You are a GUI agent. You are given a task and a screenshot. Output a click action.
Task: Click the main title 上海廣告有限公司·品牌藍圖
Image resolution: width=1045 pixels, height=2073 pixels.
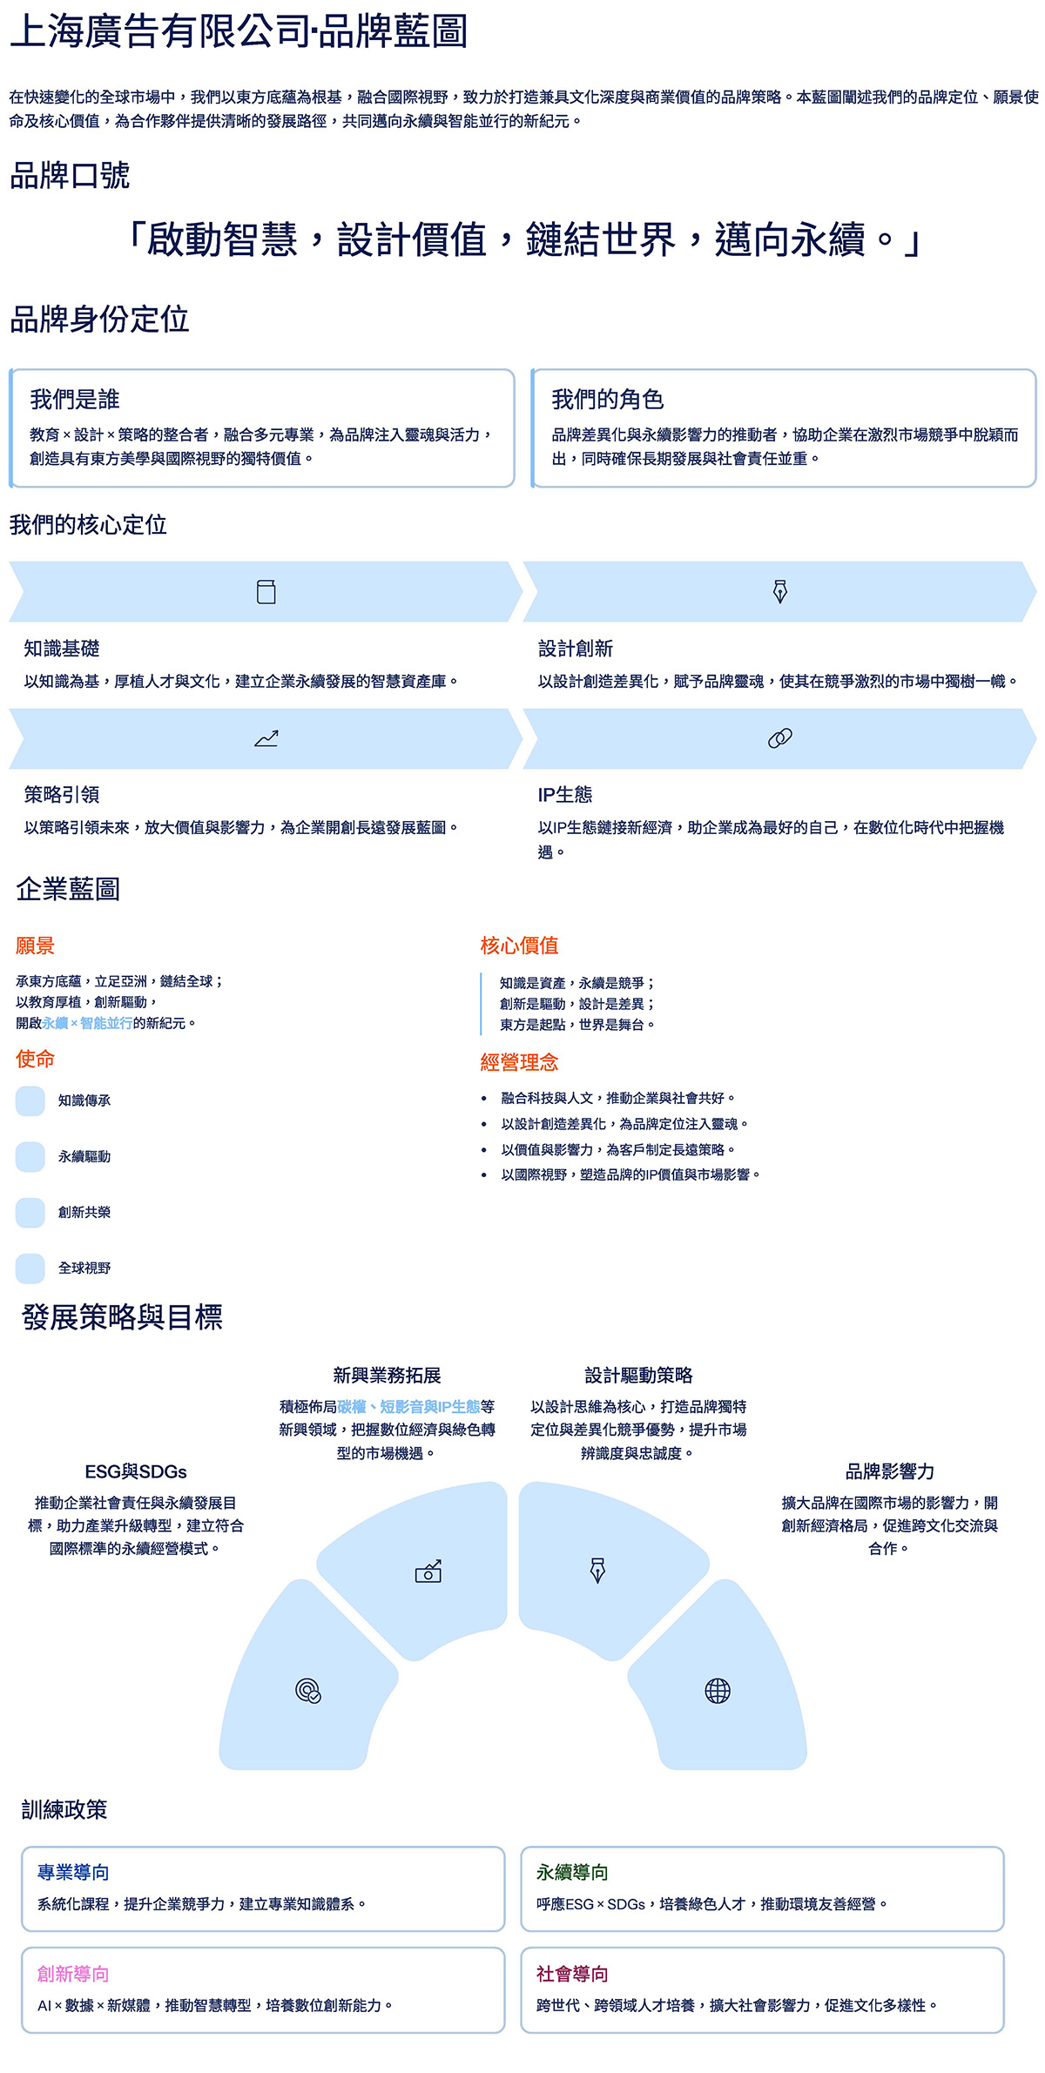[239, 31]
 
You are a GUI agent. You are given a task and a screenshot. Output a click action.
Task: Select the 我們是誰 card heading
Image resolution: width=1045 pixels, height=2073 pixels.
[75, 400]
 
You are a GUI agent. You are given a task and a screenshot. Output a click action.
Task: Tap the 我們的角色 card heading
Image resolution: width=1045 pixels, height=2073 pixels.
[607, 400]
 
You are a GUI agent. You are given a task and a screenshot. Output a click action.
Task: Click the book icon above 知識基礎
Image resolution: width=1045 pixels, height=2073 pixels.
[266, 592]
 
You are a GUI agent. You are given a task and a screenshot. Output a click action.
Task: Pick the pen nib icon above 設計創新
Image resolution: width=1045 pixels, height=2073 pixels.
[780, 592]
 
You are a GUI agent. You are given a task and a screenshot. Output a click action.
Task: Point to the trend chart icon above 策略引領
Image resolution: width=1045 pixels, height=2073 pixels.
[266, 738]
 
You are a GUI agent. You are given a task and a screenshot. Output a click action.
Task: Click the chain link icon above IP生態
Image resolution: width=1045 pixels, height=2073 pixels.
[780, 738]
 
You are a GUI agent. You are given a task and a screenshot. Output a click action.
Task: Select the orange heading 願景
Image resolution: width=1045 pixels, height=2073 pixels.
[35, 946]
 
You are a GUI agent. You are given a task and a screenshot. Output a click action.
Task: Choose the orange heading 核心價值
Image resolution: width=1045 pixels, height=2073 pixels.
[519, 946]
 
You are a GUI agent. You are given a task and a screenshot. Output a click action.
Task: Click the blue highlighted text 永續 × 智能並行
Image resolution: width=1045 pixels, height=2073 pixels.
[87, 1023]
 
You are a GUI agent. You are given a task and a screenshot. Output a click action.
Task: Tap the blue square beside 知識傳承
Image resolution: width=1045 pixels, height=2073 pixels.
[30, 1100]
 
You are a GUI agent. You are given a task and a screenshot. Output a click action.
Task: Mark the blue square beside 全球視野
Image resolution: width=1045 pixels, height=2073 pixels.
[30, 1268]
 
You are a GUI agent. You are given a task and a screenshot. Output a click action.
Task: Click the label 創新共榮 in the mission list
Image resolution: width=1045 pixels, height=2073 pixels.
[84, 1212]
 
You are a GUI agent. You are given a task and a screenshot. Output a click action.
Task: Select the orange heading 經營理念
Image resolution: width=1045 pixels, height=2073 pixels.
[519, 1062]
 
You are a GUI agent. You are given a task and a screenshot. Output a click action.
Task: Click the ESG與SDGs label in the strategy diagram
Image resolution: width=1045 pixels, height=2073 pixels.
[136, 1471]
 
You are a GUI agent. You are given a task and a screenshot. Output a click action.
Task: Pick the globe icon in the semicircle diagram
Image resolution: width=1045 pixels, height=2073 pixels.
[718, 1691]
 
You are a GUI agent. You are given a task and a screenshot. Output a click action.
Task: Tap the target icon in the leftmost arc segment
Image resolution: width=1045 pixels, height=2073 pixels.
[308, 1691]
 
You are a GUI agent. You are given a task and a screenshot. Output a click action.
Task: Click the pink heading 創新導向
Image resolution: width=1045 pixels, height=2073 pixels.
[73, 1974]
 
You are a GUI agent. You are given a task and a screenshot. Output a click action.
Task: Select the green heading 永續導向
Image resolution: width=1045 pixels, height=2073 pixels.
[572, 1872]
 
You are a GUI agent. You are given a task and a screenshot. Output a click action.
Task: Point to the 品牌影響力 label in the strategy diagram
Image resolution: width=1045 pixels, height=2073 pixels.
[889, 1471]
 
